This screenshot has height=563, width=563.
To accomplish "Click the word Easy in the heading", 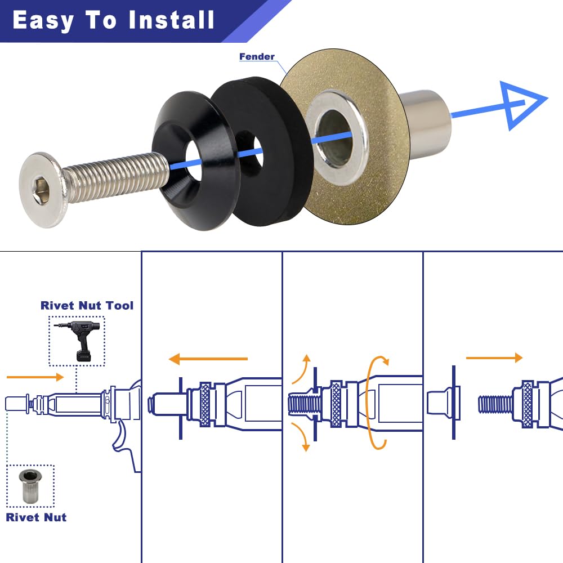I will (43, 20).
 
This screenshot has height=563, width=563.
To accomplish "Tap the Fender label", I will (257, 56).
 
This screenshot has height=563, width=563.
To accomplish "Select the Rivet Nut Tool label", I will (87, 306).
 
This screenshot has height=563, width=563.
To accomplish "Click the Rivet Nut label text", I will (36, 517).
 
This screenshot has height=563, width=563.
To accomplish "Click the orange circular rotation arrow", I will (376, 403).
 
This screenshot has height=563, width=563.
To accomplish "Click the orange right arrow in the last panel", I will (494, 358).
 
